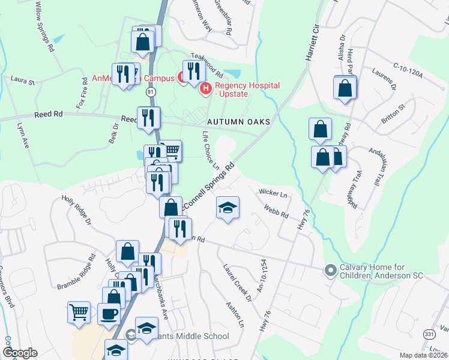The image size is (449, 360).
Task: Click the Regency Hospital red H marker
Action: point(205,89)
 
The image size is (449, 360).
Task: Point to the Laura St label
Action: point(23,80)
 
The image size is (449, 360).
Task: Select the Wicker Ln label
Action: point(273,193)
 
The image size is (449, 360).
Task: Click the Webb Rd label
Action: point(276,211)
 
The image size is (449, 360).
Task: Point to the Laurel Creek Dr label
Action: point(238,281)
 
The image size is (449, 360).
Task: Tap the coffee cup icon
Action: point(109,313)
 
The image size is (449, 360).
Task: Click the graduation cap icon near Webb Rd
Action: point(228,208)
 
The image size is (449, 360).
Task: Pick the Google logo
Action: point(20,353)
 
